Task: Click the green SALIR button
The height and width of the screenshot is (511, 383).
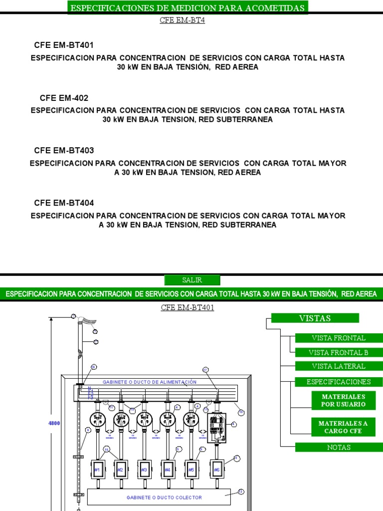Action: [192, 280]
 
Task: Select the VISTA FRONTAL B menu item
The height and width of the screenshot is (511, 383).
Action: [339, 352]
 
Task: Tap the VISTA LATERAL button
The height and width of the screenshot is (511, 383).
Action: [339, 366]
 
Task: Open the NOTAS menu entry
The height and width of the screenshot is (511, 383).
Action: [339, 447]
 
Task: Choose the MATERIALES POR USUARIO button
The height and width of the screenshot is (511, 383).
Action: [339, 400]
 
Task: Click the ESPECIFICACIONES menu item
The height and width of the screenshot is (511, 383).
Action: [339, 382]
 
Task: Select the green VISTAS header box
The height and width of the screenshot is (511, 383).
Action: [315, 318]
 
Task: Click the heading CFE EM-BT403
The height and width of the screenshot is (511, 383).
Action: [64, 150]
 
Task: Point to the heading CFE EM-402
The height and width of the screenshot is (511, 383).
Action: [64, 98]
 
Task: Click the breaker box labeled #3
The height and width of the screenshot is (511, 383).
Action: [144, 470]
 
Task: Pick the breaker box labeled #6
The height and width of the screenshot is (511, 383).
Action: [216, 470]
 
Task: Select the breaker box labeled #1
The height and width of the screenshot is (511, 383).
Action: [97, 470]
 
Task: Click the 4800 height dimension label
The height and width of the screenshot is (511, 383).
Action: [54, 423]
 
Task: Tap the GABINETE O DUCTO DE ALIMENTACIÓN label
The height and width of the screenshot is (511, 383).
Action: [150, 382]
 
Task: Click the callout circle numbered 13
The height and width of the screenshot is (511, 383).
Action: [241, 492]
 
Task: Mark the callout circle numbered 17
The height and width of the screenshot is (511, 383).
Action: [205, 370]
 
